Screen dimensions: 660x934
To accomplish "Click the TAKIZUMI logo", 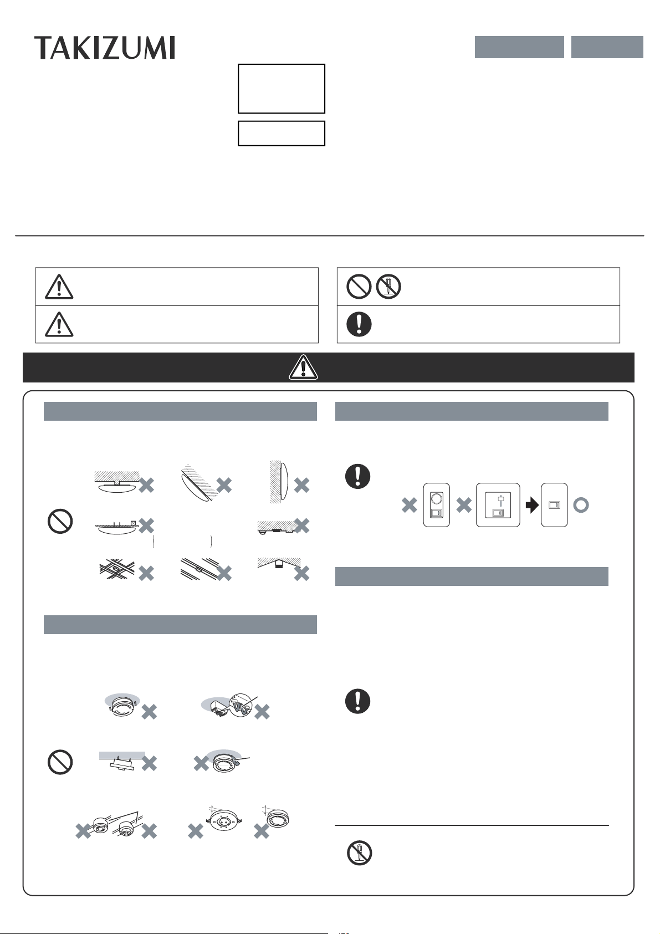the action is (x=105, y=48).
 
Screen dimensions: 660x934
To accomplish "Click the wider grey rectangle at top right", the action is (x=519, y=47).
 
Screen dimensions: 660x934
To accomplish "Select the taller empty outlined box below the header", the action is (x=282, y=88).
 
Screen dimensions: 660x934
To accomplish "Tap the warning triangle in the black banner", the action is (x=304, y=368).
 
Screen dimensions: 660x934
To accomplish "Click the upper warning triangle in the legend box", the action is (x=59, y=287).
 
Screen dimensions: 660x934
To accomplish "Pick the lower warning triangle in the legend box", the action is (x=59, y=324).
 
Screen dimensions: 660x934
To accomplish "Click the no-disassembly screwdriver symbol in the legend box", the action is (x=388, y=287).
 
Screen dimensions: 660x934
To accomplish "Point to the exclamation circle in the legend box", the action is (x=359, y=324).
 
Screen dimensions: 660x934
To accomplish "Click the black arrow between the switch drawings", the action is (x=532, y=506).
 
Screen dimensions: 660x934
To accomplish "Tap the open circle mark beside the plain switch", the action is (x=581, y=506).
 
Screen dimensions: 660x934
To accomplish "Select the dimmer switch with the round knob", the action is (x=437, y=505).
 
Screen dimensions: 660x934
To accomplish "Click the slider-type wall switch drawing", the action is (x=498, y=505).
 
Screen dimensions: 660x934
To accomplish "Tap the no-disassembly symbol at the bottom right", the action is (x=360, y=853).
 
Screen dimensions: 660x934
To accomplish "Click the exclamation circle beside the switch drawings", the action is (x=358, y=476).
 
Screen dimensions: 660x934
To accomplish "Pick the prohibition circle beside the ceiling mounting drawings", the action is (x=60, y=521).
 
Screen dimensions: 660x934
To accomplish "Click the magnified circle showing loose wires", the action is (x=241, y=705).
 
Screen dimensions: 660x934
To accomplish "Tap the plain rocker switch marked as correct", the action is (x=554, y=505).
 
